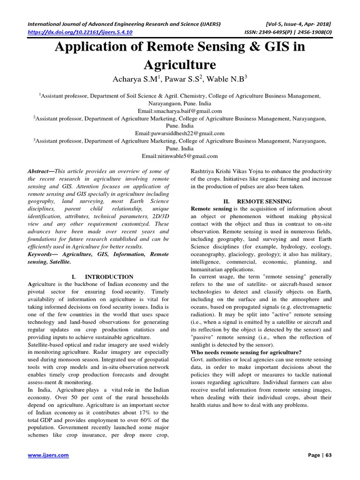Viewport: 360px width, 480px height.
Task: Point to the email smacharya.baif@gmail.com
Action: [x=180, y=111]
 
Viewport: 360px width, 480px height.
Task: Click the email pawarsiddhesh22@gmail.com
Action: [x=180, y=134]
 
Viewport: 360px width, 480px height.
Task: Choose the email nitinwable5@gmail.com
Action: [x=180, y=156]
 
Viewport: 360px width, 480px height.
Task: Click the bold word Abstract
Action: [x=40, y=172]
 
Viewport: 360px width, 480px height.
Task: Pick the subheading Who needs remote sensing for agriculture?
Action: [x=246, y=352]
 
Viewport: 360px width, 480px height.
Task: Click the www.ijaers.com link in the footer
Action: [x=48, y=455]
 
